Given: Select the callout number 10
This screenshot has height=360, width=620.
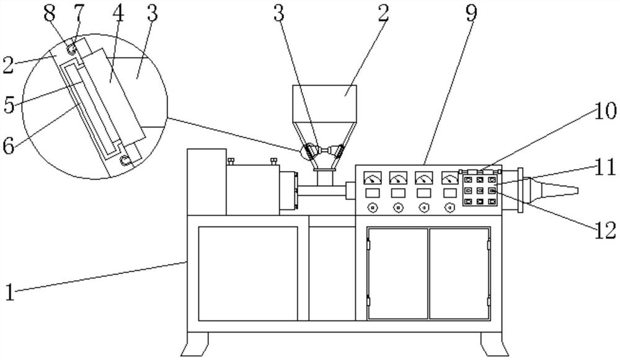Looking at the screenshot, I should pos(605,112).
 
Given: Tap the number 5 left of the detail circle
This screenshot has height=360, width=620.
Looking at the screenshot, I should pos(9,104).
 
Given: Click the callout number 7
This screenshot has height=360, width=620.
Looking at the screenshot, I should pos(78,14).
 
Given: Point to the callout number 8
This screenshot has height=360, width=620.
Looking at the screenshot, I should pos(55,14).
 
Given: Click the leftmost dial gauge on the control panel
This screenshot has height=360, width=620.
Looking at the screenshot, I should pos(372,178).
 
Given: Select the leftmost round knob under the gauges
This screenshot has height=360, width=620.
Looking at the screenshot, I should pos(372,207).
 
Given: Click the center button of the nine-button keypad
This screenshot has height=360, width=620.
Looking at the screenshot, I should pos(479,191).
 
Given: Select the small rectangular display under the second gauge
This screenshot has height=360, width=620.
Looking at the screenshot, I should pos(398,193).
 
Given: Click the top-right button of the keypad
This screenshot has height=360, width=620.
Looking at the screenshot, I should pos(491,180).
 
